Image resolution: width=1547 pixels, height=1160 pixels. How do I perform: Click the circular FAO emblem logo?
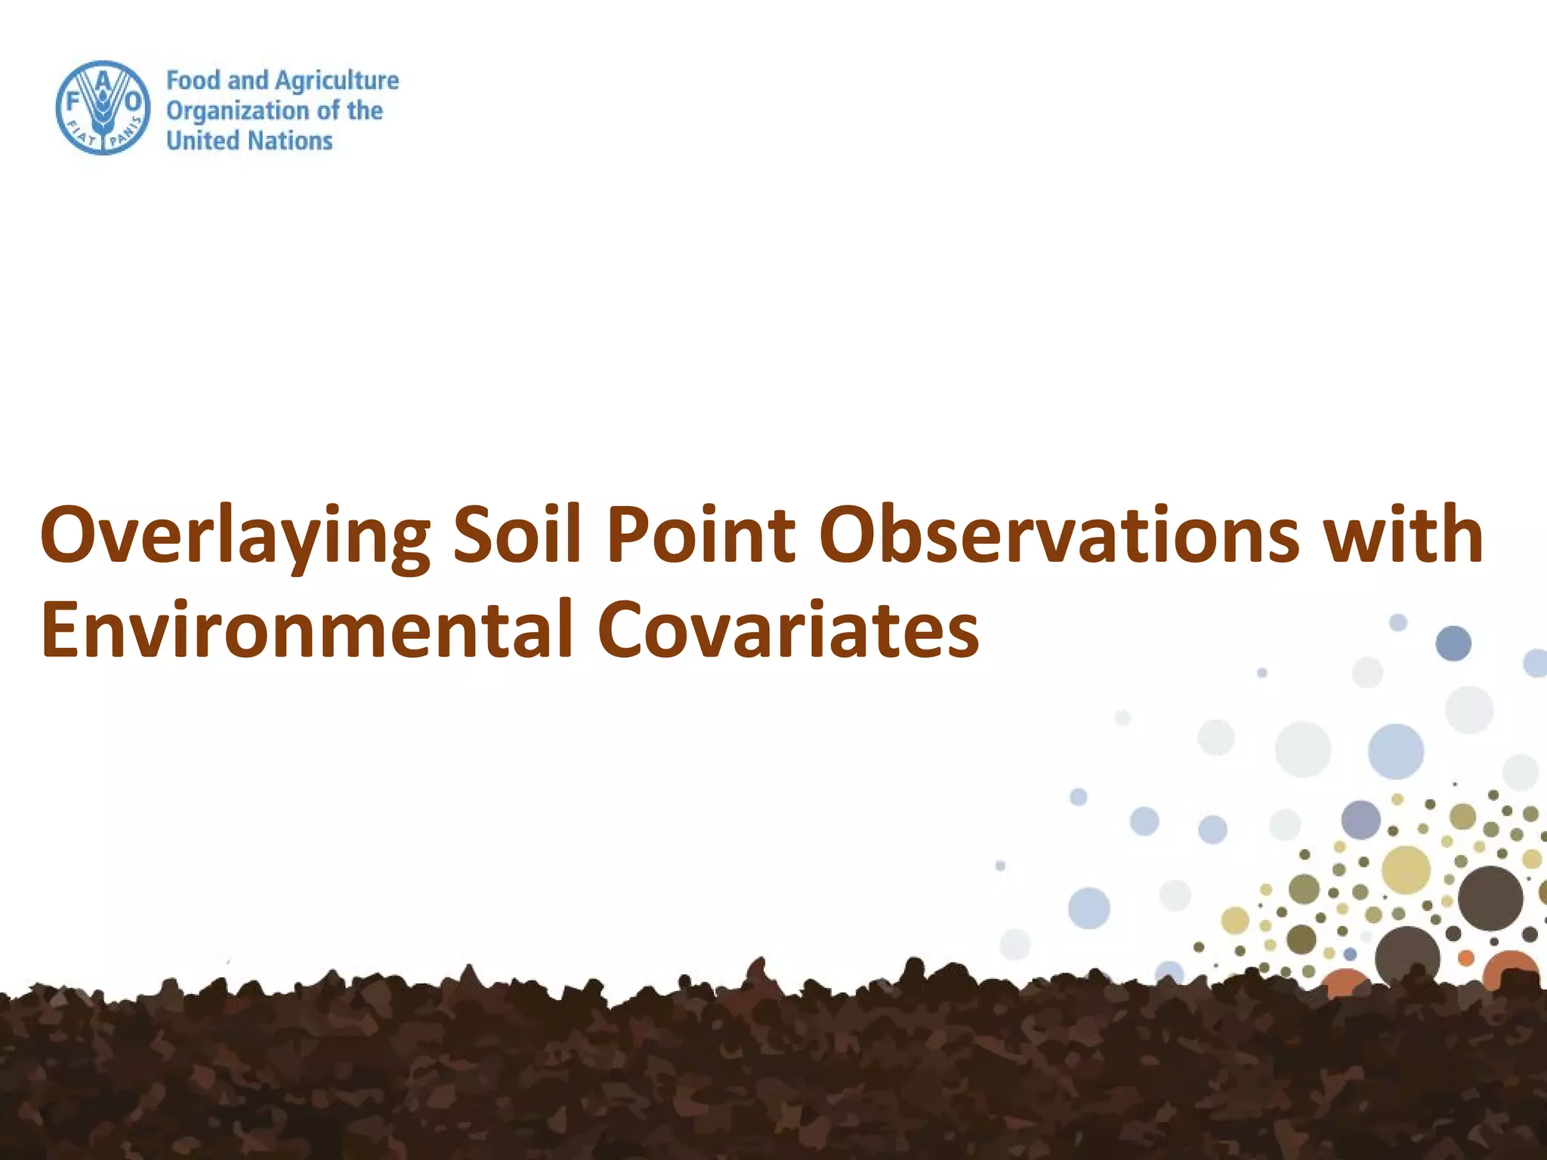point(102,108)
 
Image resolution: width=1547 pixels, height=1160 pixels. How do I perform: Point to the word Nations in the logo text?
point(291,140)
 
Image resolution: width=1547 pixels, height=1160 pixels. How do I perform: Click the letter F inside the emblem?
point(73,100)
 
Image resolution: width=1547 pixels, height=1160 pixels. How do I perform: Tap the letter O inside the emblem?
point(132,100)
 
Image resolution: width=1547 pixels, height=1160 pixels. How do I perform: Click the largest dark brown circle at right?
point(1490,898)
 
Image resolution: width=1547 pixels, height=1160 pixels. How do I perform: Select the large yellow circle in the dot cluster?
point(1406,870)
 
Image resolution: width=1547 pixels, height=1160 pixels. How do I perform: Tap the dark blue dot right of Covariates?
point(1453,643)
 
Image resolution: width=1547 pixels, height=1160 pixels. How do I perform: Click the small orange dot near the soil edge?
point(1465,958)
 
